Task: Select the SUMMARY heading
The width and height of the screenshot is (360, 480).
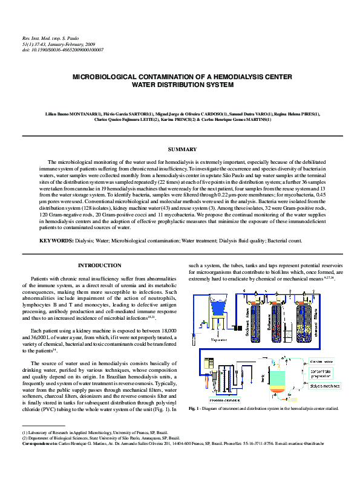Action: coord(182,149)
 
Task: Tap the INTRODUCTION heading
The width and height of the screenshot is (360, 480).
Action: coord(100,265)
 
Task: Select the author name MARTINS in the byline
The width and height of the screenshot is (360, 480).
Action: coord(257,120)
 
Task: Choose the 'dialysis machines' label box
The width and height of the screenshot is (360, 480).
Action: coord(324,385)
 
